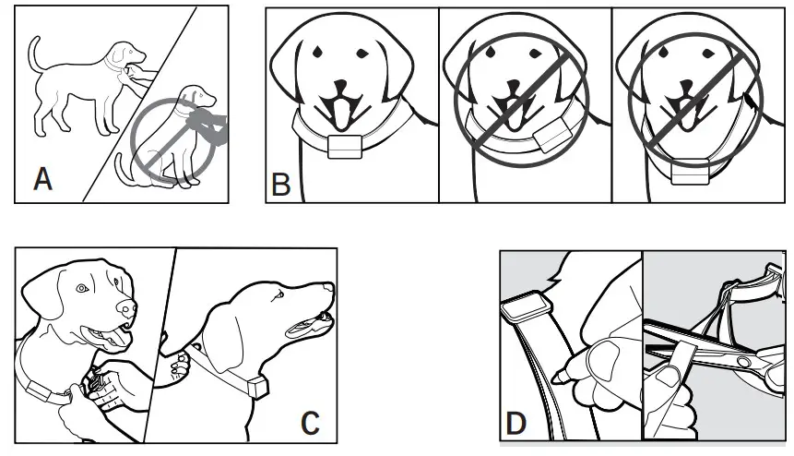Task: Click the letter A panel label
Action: click(x=42, y=177)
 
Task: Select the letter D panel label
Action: click(x=516, y=426)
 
